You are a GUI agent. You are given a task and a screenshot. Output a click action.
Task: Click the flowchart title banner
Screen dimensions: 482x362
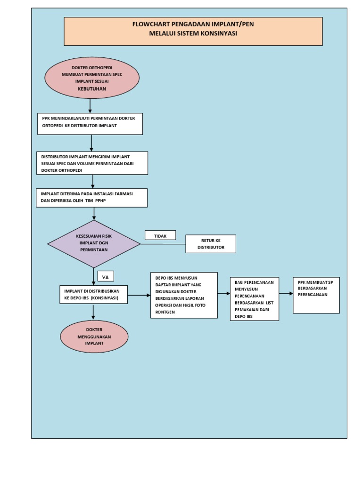(193, 31)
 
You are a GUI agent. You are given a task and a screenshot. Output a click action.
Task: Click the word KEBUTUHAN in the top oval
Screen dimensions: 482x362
(92, 88)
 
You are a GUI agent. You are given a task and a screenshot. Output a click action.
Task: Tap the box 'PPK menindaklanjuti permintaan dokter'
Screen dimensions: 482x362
(90, 123)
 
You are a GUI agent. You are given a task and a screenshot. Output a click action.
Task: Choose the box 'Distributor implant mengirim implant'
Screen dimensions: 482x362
(92, 163)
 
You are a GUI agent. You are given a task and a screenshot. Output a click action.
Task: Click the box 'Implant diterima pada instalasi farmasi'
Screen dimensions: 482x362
(91, 198)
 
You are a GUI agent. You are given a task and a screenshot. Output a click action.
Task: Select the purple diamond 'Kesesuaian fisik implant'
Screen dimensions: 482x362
(94, 243)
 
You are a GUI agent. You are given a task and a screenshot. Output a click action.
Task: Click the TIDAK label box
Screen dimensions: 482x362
(160, 235)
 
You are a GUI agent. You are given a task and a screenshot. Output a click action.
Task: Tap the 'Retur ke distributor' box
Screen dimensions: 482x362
(210, 244)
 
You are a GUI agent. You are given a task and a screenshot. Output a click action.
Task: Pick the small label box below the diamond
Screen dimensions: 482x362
(106, 276)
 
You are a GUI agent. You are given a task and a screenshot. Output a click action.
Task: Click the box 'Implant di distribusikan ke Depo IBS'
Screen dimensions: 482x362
(93, 295)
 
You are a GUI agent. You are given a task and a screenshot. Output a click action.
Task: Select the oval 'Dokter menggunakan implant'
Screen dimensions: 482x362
(94, 336)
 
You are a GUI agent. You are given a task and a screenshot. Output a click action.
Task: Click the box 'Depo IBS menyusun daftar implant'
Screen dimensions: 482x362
(184, 295)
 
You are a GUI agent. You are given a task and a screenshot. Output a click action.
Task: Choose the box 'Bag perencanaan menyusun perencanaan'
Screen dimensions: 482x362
(254, 299)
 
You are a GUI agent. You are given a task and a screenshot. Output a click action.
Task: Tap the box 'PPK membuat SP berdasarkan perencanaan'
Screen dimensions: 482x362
(316, 295)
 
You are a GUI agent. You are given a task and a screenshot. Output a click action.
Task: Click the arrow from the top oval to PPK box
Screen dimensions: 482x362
(90, 105)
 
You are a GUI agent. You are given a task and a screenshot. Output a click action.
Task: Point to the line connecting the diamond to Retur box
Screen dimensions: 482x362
(163, 244)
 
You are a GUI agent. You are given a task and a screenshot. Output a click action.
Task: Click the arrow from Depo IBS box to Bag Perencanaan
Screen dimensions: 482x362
(223, 294)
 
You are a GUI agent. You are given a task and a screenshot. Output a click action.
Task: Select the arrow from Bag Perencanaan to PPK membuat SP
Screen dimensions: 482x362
(286, 293)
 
